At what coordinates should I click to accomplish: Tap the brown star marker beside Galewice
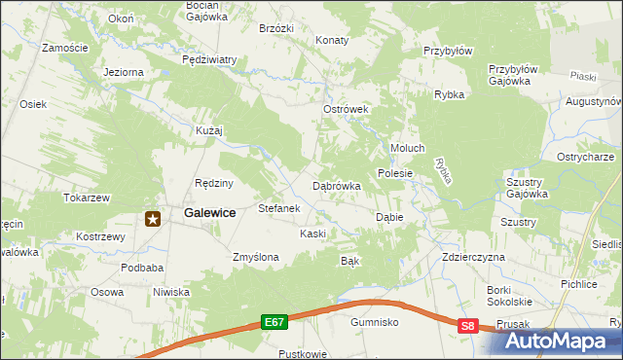tap(153, 219)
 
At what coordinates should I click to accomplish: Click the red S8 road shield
tap(469, 327)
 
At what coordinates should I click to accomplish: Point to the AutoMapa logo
tap(562, 341)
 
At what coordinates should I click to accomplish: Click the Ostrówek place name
tap(345, 110)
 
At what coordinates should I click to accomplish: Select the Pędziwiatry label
tap(209, 59)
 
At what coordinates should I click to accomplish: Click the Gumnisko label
tap(376, 321)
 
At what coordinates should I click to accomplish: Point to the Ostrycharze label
tap(584, 157)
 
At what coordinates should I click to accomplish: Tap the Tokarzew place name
tap(87, 197)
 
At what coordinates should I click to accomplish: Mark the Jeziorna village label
tap(124, 72)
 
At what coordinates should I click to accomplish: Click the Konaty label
tap(332, 41)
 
